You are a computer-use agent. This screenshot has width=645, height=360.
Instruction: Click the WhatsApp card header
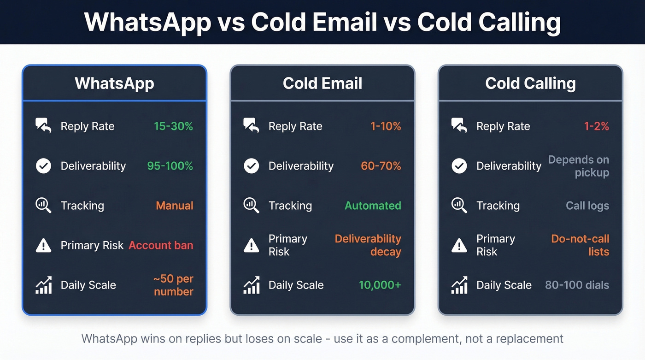(114, 83)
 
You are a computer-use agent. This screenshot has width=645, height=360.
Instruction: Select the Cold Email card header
(322, 83)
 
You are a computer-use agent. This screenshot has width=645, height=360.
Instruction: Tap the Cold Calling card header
(530, 83)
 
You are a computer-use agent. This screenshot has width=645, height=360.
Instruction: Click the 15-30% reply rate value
(173, 126)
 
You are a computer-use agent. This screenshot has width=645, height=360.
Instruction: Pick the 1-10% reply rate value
(386, 126)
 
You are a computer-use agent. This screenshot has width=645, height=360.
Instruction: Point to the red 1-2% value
(597, 126)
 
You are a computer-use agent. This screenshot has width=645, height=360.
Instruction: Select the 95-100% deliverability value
(170, 166)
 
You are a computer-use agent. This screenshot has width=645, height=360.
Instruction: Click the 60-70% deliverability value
(381, 166)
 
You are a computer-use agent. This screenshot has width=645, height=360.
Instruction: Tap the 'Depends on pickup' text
(579, 166)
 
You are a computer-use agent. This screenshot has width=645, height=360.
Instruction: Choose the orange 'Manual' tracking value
(175, 206)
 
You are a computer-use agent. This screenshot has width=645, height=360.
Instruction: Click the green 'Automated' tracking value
(373, 206)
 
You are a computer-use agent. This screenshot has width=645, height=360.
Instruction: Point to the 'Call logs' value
(587, 206)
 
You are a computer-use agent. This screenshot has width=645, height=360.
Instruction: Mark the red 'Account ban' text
(161, 245)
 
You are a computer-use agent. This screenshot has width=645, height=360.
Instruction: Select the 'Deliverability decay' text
(368, 245)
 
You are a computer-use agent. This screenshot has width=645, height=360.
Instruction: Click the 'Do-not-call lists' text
(580, 245)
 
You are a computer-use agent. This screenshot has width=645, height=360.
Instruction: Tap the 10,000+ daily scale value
(380, 285)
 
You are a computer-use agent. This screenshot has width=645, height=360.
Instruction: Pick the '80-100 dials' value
(577, 285)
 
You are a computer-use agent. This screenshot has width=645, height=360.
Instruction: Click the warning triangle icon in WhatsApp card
(43, 246)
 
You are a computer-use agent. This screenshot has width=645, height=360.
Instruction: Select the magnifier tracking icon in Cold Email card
(251, 205)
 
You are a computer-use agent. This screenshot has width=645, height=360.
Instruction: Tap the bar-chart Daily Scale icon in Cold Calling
(459, 285)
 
